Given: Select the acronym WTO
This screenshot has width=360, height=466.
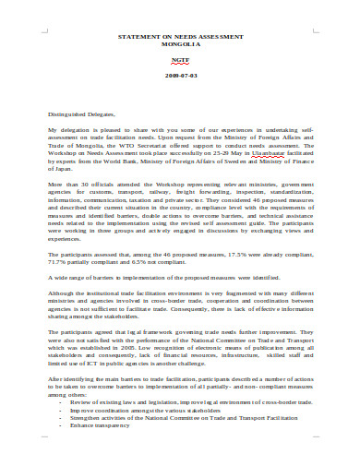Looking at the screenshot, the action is [x=146, y=149].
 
